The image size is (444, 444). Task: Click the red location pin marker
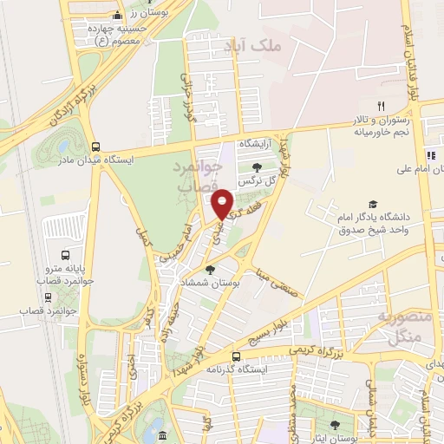223,205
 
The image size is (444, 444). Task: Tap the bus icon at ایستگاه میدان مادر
95,147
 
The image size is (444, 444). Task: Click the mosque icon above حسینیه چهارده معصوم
118,16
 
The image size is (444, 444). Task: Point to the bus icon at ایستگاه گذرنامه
236,356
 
